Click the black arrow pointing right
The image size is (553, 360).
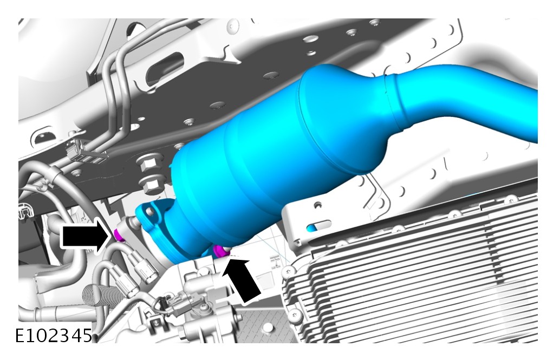point(84,236)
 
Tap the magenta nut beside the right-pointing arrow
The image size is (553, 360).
point(119,235)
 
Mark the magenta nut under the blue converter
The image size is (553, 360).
point(221,250)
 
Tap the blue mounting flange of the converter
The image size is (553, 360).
point(155,226)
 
